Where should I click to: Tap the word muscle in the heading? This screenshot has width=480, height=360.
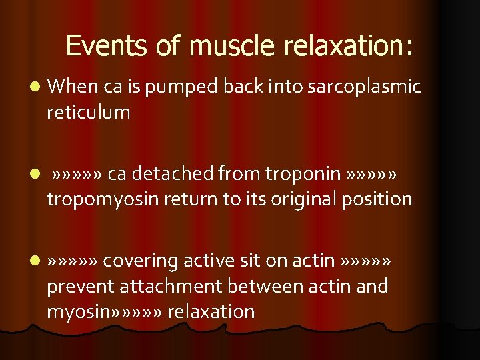(x=231, y=46)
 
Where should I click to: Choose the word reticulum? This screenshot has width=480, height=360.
(x=88, y=112)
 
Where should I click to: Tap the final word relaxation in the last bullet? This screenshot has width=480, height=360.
(x=211, y=312)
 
